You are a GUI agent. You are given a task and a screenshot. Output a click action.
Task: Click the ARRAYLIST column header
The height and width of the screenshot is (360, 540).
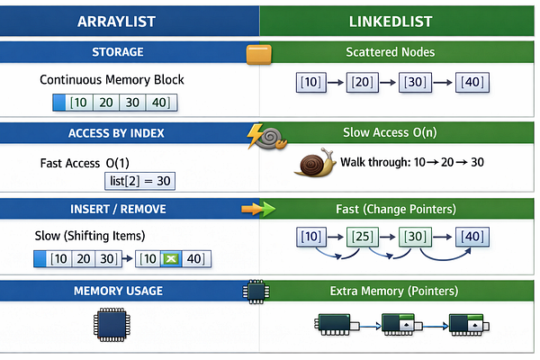(116, 22)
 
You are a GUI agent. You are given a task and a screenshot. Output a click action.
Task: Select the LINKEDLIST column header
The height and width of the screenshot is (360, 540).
(391, 22)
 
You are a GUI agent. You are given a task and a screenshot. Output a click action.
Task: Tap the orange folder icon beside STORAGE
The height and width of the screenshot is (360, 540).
(259, 54)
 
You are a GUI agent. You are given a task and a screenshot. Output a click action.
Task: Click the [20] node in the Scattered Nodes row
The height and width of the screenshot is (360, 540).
(363, 82)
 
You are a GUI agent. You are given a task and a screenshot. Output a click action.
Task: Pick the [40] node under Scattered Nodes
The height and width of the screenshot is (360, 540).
(472, 82)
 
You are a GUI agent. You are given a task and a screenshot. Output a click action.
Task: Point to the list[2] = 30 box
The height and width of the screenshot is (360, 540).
(139, 181)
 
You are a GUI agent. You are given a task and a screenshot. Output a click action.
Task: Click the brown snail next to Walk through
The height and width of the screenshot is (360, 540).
(315, 163)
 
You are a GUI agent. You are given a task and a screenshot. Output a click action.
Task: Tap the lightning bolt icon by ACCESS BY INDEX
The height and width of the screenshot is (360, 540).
(255, 136)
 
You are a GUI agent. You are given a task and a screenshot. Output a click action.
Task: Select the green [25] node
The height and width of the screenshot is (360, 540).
(363, 237)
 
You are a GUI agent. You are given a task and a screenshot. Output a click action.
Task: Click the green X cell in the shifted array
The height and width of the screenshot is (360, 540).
(171, 258)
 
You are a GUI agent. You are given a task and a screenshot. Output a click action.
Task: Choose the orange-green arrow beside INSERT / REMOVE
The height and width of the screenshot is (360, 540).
(258, 209)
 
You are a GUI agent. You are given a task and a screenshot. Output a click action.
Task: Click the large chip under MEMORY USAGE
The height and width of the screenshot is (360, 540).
(112, 325)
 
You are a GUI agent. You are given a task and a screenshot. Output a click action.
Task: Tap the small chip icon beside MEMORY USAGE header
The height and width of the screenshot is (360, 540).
(256, 292)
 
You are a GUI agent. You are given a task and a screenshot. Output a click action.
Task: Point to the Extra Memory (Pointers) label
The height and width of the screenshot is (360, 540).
(394, 291)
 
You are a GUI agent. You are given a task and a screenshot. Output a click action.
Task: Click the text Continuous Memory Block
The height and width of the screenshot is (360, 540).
(112, 79)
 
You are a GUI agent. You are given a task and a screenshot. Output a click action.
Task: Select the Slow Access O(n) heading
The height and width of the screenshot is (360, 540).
(390, 132)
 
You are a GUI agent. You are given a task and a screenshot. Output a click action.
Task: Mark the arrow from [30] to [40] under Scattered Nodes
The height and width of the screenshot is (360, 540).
(443, 83)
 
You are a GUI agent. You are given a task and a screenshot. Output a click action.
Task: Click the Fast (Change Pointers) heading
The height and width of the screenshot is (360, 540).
(396, 209)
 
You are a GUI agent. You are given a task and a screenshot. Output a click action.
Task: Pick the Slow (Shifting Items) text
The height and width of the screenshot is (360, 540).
(90, 236)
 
